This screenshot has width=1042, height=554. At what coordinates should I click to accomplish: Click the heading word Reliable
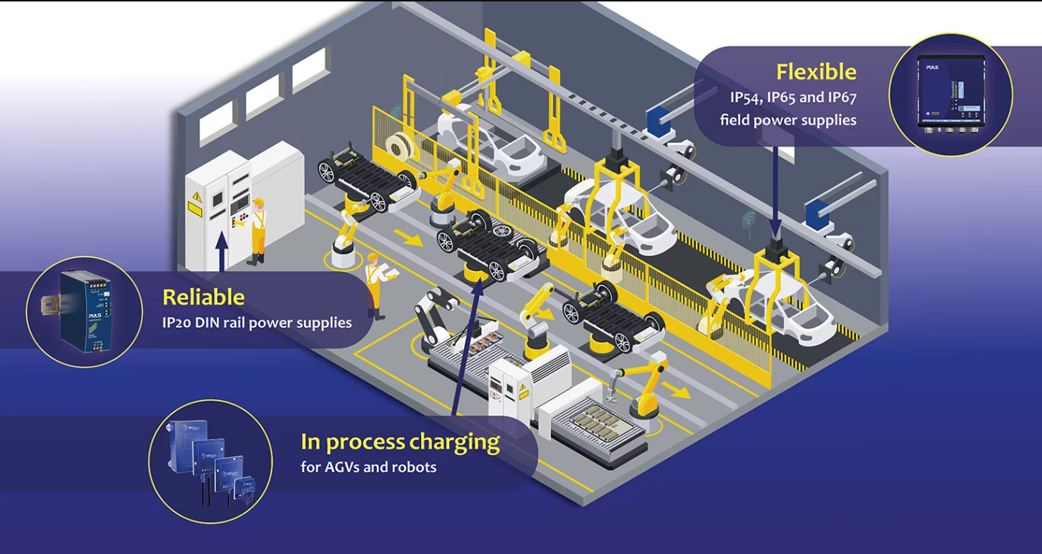[x=203, y=297]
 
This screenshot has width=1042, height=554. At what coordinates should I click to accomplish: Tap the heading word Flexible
[x=816, y=72]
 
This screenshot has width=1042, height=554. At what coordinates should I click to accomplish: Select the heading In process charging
[x=400, y=442]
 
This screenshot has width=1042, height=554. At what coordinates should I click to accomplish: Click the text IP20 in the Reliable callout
[x=177, y=323]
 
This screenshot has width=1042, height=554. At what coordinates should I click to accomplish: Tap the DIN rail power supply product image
[x=84, y=311]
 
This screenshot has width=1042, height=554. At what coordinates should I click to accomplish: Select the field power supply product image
[x=950, y=94]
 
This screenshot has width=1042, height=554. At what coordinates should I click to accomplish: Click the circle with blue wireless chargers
[x=210, y=461]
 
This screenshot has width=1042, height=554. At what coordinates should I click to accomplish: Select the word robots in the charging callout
[x=414, y=467]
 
